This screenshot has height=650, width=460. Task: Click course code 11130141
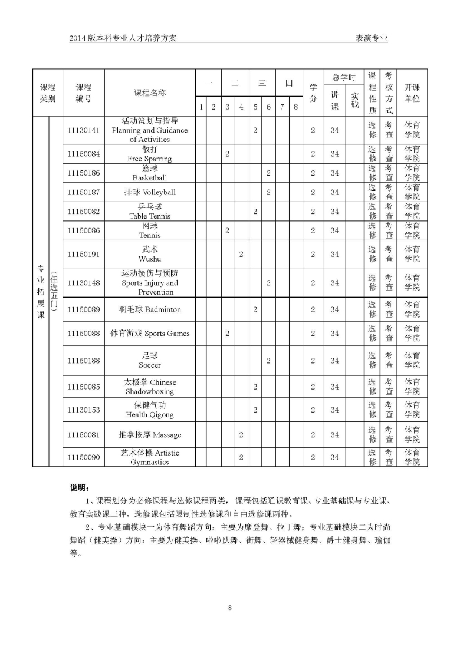[x=83, y=130]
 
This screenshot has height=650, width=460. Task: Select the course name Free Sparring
[x=150, y=154]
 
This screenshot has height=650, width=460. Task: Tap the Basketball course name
[x=150, y=173]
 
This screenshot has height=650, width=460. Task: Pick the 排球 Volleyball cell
[x=150, y=192]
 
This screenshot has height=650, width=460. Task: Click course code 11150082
[x=83, y=211]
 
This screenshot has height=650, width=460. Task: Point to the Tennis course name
[x=150, y=230]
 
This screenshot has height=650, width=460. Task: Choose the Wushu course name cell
[x=150, y=254]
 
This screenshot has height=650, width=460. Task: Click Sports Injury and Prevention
[x=150, y=283]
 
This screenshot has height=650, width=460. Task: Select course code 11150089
[x=83, y=309]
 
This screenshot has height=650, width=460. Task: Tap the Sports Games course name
[x=150, y=334]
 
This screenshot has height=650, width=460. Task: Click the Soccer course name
[x=150, y=361]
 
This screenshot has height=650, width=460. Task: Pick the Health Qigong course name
[x=150, y=410]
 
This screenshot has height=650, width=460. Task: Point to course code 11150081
[x=83, y=435]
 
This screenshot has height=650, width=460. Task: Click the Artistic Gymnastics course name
[x=150, y=457]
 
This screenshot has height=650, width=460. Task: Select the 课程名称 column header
[x=150, y=93]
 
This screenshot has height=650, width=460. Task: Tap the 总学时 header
[x=344, y=77]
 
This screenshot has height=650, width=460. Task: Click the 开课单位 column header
[x=412, y=93]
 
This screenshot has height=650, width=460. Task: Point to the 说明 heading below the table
[x=80, y=488]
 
